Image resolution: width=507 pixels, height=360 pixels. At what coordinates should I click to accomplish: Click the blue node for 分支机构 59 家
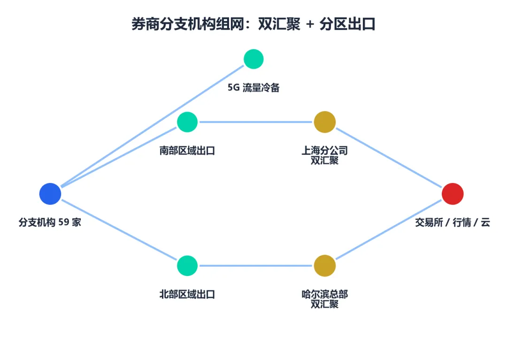50,194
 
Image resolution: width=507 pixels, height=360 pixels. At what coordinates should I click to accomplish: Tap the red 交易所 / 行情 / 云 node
453,194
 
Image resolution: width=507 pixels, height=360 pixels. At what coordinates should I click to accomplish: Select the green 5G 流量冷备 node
253,59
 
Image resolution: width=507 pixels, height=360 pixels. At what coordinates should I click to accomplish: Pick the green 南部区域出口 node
187,122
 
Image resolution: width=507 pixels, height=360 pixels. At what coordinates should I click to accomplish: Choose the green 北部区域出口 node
187,266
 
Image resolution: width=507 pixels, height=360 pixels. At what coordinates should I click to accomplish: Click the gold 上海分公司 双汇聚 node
325,122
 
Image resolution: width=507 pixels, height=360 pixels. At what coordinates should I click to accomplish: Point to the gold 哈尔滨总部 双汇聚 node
325,266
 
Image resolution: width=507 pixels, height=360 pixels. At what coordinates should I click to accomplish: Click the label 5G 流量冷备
253,88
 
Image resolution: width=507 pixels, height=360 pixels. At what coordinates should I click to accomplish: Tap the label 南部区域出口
187,151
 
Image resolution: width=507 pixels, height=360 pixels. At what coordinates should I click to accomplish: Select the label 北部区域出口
187,294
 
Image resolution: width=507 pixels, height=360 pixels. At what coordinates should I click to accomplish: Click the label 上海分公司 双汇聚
325,155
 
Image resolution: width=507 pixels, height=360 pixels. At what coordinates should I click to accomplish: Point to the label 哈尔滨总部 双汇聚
325,299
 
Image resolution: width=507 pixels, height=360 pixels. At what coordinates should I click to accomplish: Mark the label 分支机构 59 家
50,222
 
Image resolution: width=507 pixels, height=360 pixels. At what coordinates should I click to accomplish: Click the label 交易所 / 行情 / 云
453,222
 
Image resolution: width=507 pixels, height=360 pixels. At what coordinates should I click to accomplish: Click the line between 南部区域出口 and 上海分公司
256,122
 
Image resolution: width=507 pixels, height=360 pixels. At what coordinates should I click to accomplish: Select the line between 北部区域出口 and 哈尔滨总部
256,266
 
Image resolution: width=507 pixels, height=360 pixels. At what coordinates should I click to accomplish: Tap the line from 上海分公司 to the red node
389,158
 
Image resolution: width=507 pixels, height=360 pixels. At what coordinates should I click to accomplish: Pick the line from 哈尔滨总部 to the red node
389,230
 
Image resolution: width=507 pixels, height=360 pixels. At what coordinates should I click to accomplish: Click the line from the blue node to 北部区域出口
119,230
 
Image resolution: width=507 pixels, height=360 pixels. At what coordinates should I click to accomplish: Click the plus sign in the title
310,24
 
